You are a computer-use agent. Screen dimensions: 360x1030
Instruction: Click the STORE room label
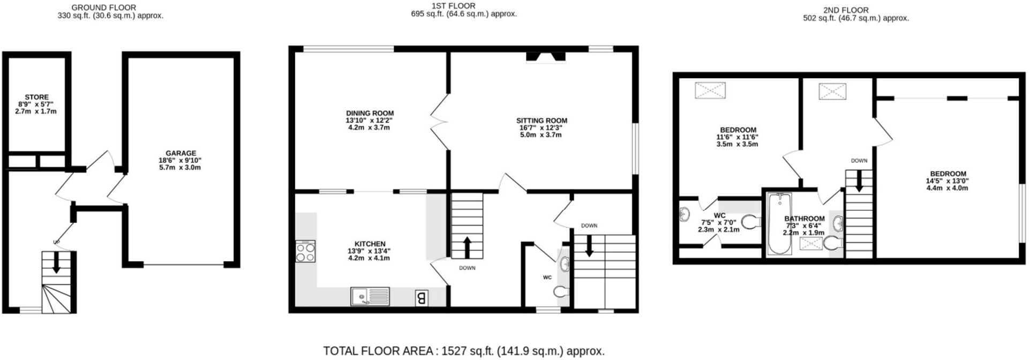(x=36, y=97)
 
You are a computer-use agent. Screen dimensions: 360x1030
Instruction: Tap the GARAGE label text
(x=181, y=153)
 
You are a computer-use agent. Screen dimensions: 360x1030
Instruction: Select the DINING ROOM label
(x=370, y=113)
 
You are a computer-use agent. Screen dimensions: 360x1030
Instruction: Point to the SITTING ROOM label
(x=542, y=121)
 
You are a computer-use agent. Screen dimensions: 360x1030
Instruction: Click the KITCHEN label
(x=370, y=244)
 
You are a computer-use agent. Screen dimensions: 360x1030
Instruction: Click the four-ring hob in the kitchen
(x=305, y=252)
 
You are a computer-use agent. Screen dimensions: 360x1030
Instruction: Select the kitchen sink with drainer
(x=370, y=296)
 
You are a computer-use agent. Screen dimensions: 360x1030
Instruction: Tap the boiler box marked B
(x=422, y=298)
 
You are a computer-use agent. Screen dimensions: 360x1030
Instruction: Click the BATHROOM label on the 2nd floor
(x=804, y=219)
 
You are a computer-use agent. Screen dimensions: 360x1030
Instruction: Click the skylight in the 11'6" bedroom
(x=710, y=91)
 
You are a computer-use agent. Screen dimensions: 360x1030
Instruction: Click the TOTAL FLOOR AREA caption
(x=464, y=351)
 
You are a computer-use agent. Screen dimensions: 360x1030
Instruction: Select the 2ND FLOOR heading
(x=846, y=10)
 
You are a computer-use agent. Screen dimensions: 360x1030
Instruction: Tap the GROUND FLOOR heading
(x=103, y=7)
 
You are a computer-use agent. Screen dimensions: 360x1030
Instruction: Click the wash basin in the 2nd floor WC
(x=684, y=214)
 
